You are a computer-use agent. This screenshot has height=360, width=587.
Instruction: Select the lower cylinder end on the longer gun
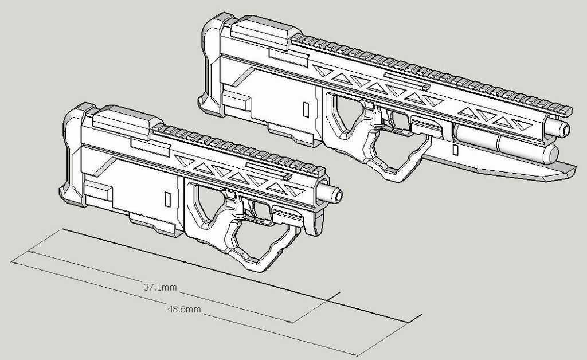click(x=551, y=154)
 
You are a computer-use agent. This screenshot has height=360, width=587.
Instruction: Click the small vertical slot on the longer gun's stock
click(x=306, y=109)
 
